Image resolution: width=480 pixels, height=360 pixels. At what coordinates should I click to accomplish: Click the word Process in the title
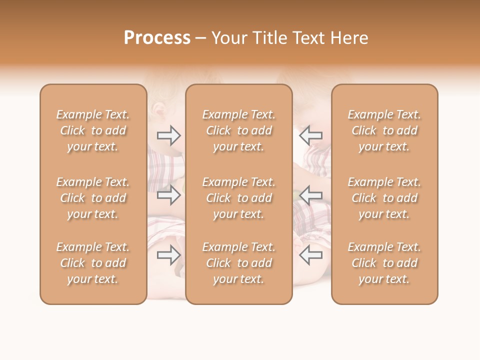pos(157,38)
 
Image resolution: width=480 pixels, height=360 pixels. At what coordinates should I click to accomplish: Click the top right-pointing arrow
pos(169,135)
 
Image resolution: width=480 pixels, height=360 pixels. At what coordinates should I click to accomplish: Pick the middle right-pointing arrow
pos(169,195)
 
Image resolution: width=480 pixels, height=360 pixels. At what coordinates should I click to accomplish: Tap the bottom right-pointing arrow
pos(169,255)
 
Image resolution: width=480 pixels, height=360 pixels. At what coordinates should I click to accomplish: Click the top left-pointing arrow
pos(310,135)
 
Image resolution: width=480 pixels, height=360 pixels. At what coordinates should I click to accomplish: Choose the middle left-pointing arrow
pos(310,195)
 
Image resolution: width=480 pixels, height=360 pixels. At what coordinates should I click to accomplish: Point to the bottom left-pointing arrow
pos(310,255)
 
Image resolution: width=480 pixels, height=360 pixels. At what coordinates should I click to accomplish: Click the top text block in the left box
pos(93,130)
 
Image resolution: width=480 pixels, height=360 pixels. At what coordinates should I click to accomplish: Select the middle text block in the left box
pos(93,198)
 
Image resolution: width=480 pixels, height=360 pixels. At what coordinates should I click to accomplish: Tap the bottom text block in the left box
pos(93,263)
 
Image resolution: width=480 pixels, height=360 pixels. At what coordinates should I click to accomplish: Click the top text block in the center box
pos(239,130)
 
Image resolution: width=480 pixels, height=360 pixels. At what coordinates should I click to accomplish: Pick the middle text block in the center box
pos(239,198)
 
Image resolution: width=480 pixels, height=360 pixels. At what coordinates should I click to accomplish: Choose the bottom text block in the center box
pos(239,263)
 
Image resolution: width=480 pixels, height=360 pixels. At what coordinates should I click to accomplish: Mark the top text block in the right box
pos(384,130)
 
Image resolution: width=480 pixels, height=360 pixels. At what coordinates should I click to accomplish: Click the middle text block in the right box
pos(384,198)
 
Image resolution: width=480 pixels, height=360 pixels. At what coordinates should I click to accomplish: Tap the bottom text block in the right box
pos(384,263)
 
